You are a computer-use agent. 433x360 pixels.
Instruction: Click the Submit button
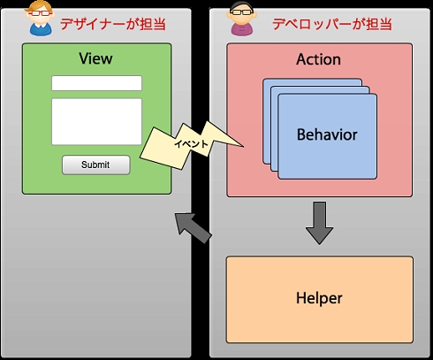pyautogui.click(x=96, y=165)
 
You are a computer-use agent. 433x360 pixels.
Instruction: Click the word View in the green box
pyautogui.click(x=95, y=58)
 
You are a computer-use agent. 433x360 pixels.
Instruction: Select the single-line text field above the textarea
pyautogui.click(x=96, y=83)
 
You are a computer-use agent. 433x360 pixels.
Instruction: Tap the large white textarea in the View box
pyautogui.click(x=96, y=122)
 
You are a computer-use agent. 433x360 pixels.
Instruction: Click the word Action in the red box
pyautogui.click(x=319, y=59)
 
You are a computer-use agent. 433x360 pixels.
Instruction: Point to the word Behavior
pyautogui.click(x=327, y=134)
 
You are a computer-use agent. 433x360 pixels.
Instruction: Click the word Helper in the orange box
pyautogui.click(x=319, y=298)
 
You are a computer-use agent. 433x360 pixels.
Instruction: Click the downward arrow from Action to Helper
pyautogui.click(x=319, y=223)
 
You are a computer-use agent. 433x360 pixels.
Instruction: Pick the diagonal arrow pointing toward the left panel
pyautogui.click(x=193, y=227)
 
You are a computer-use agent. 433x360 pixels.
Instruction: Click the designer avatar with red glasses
pyautogui.click(x=40, y=19)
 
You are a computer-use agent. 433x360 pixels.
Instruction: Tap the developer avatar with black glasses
pyautogui.click(x=242, y=19)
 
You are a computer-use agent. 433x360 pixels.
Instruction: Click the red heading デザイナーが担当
pyautogui.click(x=113, y=24)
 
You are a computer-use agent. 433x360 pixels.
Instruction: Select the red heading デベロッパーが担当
pyautogui.click(x=332, y=24)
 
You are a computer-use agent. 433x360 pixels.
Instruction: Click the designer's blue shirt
pyautogui.click(x=41, y=31)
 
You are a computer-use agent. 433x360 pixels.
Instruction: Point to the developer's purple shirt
pyautogui.click(x=242, y=31)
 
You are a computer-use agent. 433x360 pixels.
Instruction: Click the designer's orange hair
pyautogui.click(x=40, y=6)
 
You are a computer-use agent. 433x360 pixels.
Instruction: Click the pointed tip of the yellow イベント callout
pyautogui.click(x=243, y=146)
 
